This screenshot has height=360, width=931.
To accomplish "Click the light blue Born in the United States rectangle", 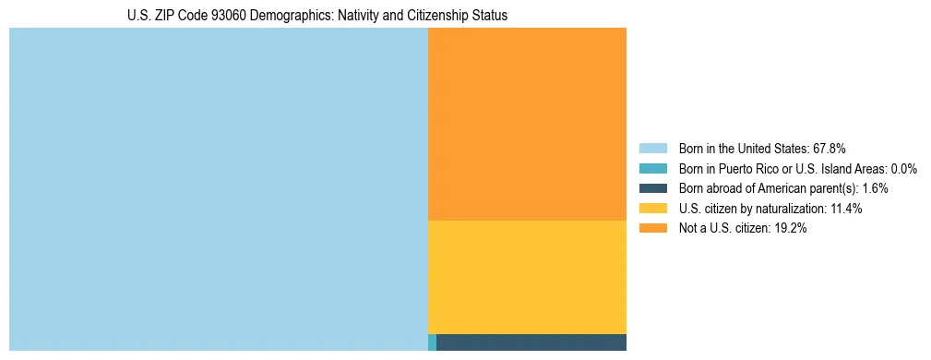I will [219, 189].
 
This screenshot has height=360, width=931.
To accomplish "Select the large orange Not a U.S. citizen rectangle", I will [527, 124].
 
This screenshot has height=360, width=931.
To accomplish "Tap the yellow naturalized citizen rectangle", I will [527, 277].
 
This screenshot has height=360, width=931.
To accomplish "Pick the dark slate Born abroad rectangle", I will [531, 342].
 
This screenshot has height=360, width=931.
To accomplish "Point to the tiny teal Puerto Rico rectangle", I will [432, 342].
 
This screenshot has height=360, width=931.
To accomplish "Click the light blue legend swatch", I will [652, 148].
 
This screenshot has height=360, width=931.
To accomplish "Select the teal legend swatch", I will [652, 168].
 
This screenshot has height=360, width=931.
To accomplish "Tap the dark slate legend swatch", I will [652, 188].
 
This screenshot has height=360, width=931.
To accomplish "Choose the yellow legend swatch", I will [652, 209].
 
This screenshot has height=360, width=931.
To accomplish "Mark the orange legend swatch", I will [652, 229].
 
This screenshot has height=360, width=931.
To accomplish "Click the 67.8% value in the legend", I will [830, 148].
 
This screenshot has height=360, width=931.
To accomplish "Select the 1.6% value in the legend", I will [875, 188].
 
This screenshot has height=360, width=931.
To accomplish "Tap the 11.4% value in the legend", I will [846, 209].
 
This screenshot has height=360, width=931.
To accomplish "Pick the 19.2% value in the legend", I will [792, 229].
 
